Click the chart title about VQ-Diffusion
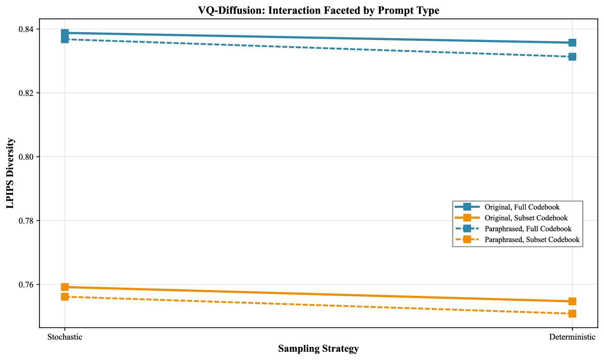click(x=318, y=11)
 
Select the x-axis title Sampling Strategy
click(x=318, y=349)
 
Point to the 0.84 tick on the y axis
click(x=27, y=29)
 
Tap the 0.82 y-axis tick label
click(x=27, y=93)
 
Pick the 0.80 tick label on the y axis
click(x=27, y=157)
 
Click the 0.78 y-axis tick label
click(x=27, y=221)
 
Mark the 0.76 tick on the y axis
click(x=27, y=285)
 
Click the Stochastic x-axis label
click(x=65, y=337)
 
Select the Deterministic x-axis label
click(x=572, y=337)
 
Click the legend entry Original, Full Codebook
click(x=522, y=207)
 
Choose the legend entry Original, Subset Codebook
click(x=526, y=218)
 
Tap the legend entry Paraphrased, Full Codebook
click(x=528, y=229)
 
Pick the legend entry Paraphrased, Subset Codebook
click(x=532, y=240)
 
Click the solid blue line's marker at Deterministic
click(x=572, y=43)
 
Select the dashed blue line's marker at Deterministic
click(x=572, y=57)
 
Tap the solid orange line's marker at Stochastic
click(x=65, y=287)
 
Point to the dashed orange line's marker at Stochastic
click(x=65, y=297)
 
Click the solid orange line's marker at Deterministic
click(x=572, y=301)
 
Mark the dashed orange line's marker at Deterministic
click(x=572, y=313)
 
